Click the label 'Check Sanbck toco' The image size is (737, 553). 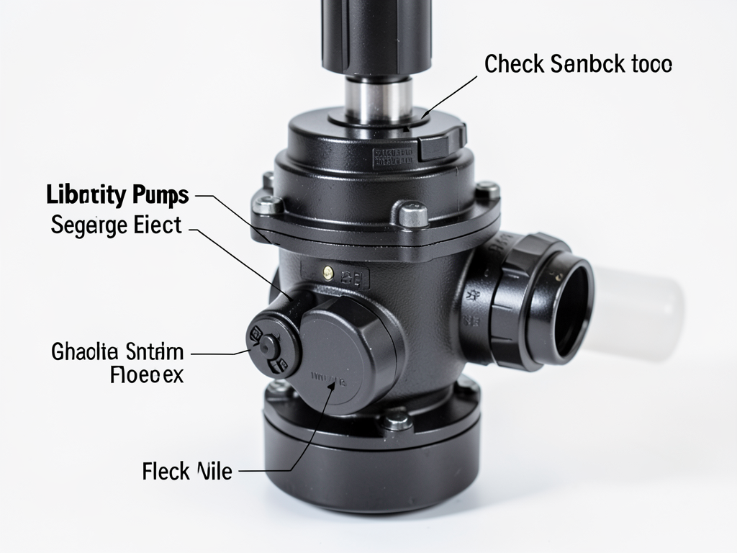[x=578, y=65]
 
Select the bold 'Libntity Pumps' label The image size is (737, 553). [x=117, y=195]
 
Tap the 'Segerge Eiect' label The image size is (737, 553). [x=117, y=225]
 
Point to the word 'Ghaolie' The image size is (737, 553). [x=84, y=353]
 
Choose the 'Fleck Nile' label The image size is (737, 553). [x=187, y=472]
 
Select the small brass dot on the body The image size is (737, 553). [x=328, y=271]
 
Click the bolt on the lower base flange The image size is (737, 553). [x=396, y=418]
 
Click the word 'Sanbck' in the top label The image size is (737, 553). [x=582, y=65]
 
